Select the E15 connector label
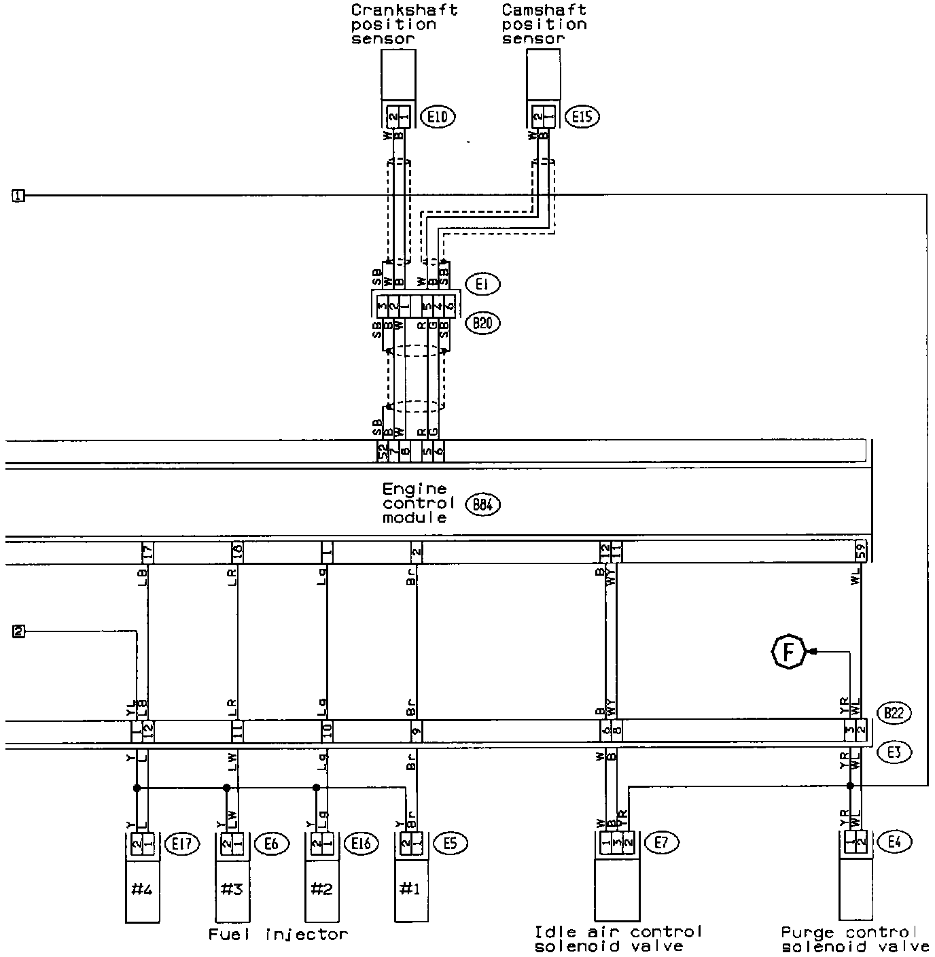click(582, 118)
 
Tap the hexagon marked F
click(788, 652)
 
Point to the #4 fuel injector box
click(143, 888)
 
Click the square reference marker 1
click(18, 196)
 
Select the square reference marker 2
click(18, 631)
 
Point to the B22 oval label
click(894, 713)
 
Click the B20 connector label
click(482, 323)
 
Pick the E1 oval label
click(482, 285)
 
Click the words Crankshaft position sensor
click(404, 24)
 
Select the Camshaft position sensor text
click(544, 24)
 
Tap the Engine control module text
click(418, 504)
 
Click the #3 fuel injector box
click(232, 888)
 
